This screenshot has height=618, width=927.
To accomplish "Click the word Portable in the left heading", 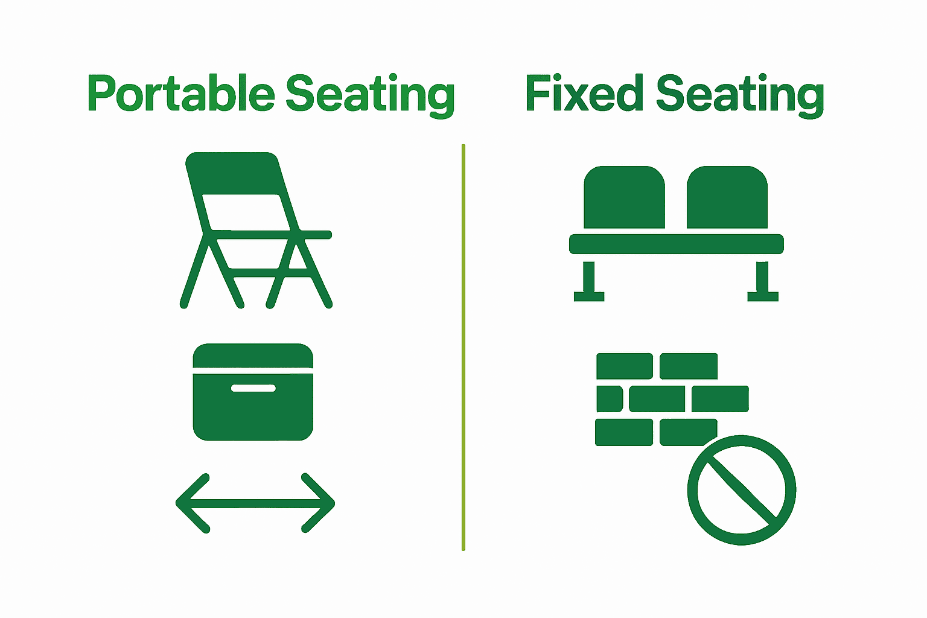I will [180, 94].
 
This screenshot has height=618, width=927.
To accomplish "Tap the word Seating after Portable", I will [369, 94].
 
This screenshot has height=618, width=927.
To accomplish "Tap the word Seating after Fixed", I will [740, 94].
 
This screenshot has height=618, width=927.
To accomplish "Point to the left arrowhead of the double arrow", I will [192, 503].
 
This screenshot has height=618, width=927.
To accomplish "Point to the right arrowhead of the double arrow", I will [319, 503].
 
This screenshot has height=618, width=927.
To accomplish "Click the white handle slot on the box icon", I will [253, 388].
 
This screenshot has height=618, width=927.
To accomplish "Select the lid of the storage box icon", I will [253, 355].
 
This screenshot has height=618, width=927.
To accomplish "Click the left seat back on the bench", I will [624, 199].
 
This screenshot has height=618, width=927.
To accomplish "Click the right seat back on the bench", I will [727, 199].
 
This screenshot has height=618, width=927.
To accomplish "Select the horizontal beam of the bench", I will [676, 244].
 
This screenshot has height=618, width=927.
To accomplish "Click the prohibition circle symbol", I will [742, 489].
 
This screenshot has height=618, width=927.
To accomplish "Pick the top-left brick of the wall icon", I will [625, 366].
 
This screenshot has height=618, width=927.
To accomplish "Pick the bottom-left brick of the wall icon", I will [624, 432].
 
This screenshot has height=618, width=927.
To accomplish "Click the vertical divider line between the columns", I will [463, 347].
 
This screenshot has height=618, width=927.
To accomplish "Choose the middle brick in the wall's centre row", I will [657, 399].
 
